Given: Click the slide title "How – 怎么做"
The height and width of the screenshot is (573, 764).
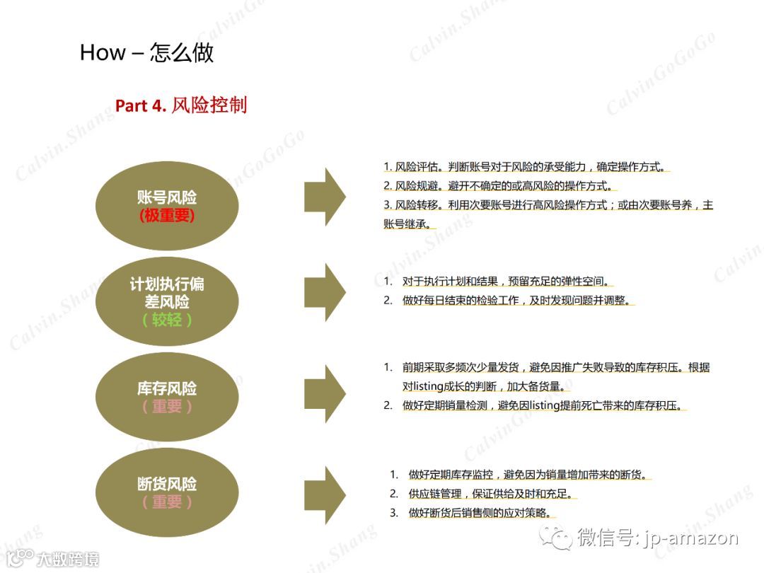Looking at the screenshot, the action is pyautogui.click(x=146, y=52).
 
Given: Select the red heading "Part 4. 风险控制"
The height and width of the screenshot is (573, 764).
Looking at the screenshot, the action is pyautogui.click(x=181, y=105).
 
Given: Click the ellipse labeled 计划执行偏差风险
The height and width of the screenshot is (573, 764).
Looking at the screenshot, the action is pyautogui.click(x=167, y=302).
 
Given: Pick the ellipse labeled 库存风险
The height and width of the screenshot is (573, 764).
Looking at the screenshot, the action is pyautogui.click(x=167, y=398).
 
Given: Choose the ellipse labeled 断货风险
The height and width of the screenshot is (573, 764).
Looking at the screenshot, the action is pyautogui.click(x=167, y=493).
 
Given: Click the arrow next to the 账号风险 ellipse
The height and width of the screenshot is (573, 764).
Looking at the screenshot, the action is pyautogui.click(x=325, y=197).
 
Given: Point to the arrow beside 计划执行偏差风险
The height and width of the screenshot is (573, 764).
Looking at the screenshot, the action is pyautogui.click(x=325, y=291).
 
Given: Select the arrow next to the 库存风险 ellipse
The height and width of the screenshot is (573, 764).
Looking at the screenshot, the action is pyautogui.click(x=325, y=393).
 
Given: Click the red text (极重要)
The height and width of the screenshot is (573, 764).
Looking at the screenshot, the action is pyautogui.click(x=167, y=216).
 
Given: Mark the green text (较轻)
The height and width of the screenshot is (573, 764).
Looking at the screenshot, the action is pyautogui.click(x=167, y=320).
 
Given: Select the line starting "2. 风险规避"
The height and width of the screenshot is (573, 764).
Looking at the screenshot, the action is pyautogui.click(x=499, y=186).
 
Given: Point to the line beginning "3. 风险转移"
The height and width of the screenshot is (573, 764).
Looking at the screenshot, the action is pyautogui.click(x=548, y=205).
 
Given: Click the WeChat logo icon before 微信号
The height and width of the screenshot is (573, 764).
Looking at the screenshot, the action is pyautogui.click(x=557, y=538).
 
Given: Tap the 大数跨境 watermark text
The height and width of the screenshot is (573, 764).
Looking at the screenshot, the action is pyautogui.click(x=68, y=558).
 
